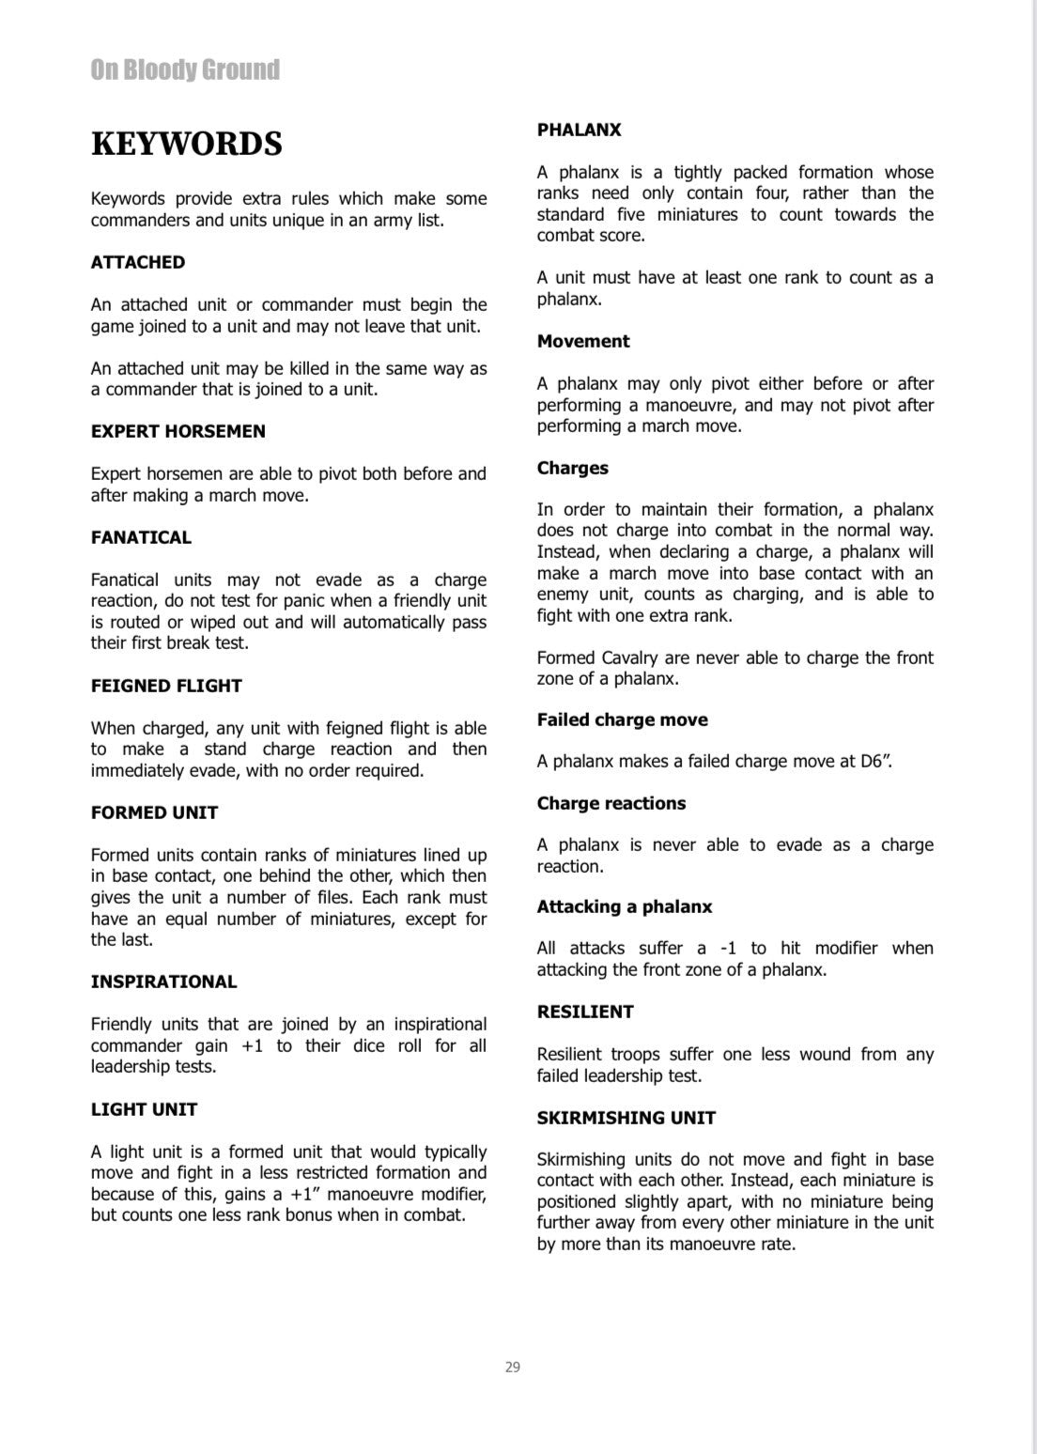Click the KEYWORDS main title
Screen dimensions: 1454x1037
point(186,145)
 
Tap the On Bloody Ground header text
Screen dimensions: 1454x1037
point(185,70)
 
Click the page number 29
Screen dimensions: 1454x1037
point(513,1367)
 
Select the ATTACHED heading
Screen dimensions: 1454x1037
point(138,263)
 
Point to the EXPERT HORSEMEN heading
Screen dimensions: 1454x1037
point(178,432)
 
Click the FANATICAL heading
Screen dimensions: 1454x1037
point(141,538)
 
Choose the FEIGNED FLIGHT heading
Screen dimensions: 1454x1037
point(166,687)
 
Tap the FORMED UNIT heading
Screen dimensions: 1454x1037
point(154,813)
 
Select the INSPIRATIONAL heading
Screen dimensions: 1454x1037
point(163,982)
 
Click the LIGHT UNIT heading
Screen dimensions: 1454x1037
point(144,1110)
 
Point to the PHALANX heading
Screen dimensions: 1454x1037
point(579,131)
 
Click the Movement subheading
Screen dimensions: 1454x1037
point(583,342)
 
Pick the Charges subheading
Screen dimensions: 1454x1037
point(573,469)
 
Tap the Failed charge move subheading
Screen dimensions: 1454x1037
point(622,720)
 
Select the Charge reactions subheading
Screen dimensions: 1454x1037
point(611,804)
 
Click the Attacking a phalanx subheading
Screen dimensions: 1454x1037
point(625,907)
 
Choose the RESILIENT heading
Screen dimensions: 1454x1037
point(585,1013)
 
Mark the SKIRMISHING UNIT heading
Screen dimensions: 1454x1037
point(627,1119)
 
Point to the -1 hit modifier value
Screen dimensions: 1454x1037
point(728,949)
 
